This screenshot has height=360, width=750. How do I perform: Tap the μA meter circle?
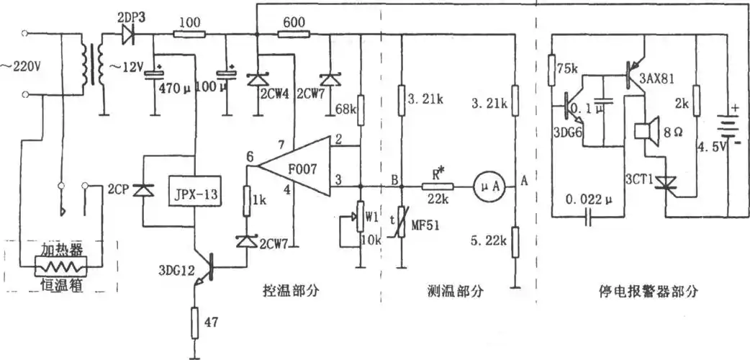click(485, 185)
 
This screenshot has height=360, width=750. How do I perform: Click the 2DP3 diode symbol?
click(130, 32)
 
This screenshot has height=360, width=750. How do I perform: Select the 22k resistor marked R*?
click(437, 185)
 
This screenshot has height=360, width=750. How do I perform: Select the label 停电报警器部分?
click(648, 292)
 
